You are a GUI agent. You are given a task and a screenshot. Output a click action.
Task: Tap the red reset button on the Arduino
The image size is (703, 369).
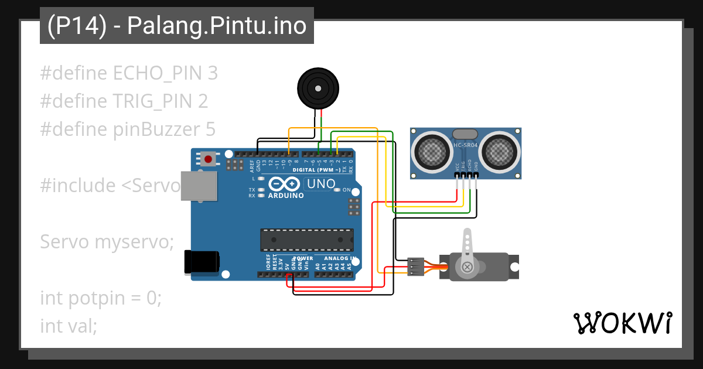click(208, 158)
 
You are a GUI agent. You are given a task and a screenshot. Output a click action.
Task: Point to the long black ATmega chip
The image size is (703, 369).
click(307, 240)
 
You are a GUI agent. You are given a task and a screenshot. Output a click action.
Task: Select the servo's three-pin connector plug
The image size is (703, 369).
click(415, 266)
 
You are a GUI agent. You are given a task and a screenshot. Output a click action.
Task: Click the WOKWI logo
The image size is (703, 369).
click(623, 323)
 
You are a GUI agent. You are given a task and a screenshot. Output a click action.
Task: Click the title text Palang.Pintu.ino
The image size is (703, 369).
click(217, 26)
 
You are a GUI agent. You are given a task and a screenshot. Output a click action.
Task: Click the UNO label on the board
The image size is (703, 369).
click(321, 183)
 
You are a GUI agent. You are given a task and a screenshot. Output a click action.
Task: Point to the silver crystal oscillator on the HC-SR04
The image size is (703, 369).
click(466, 135)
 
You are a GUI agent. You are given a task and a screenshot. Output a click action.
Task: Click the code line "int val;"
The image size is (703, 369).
click(69, 326)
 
